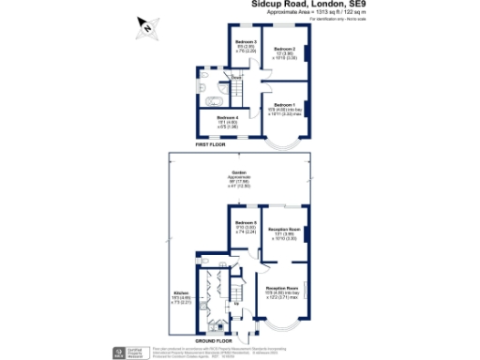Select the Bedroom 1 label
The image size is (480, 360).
click(284, 105)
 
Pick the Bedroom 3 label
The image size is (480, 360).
click(246, 43)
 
